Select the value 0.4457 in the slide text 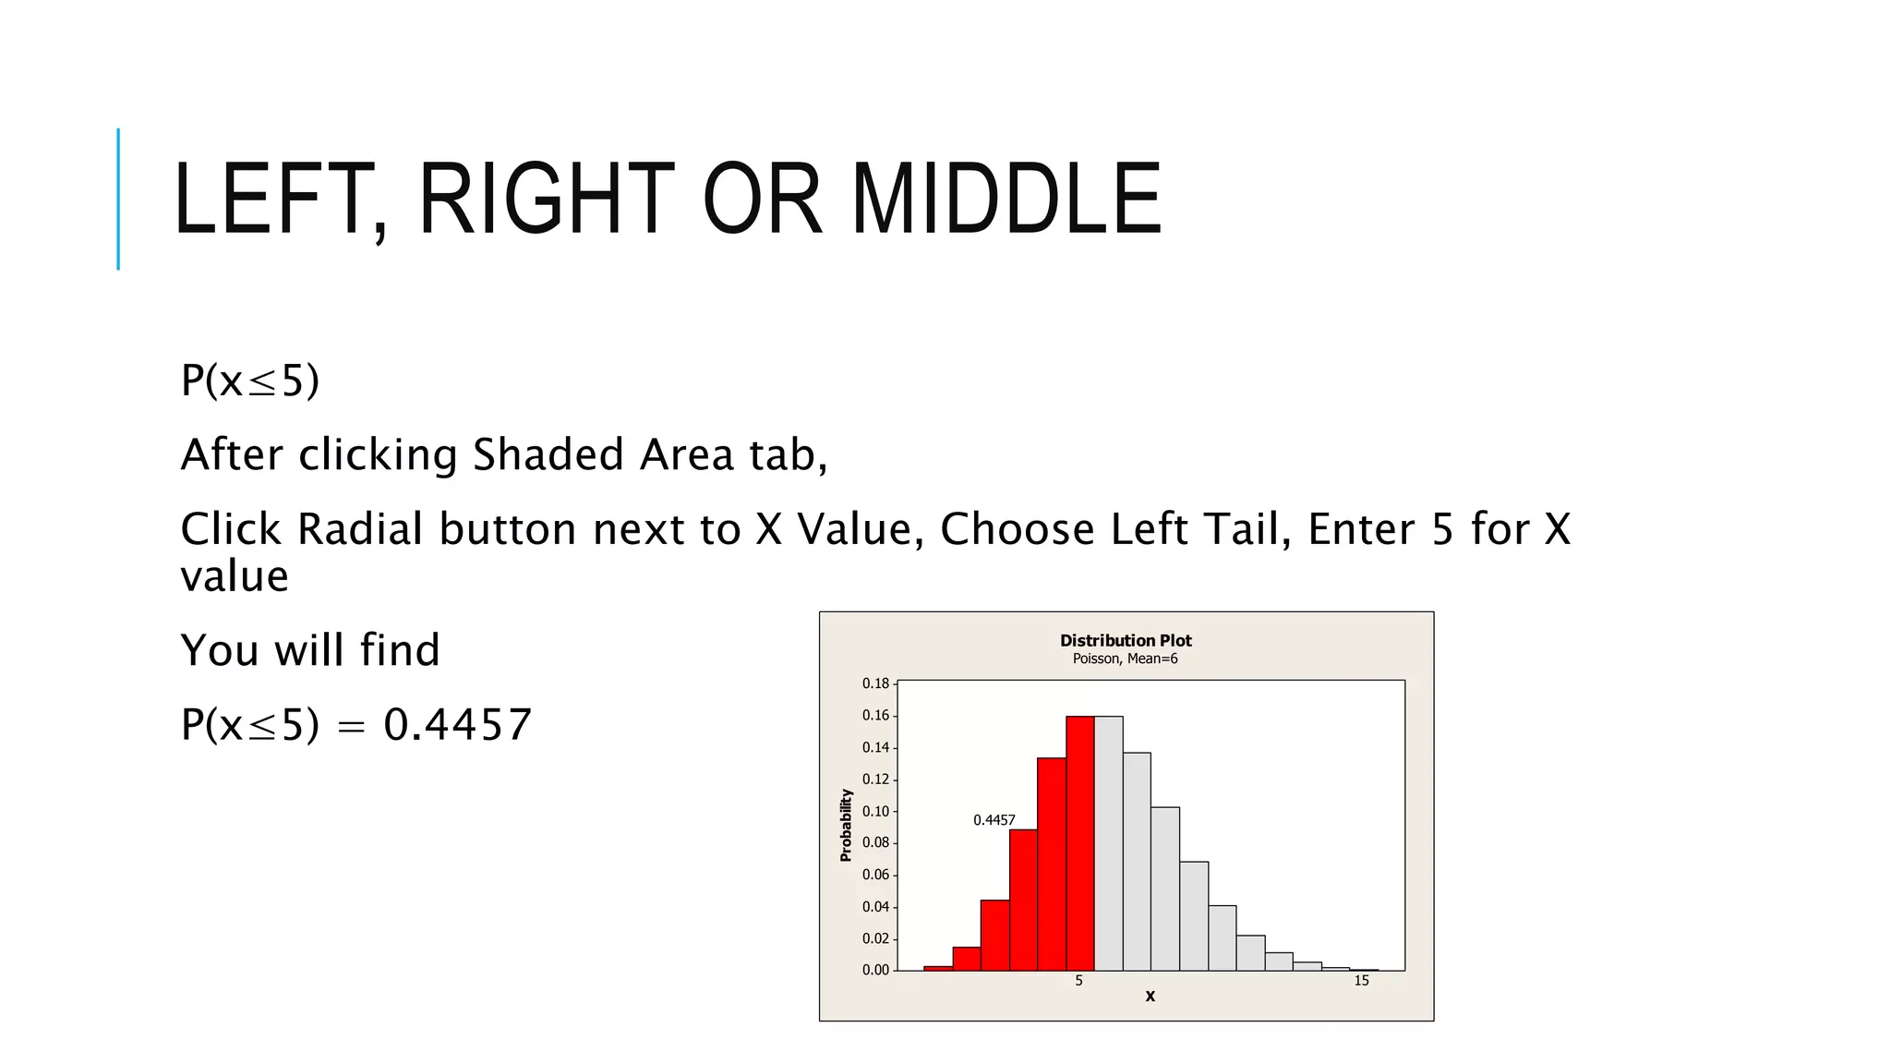pyautogui.click(x=458, y=724)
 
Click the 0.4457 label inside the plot pyautogui.click(x=994, y=820)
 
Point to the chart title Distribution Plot pyautogui.click(x=1126, y=640)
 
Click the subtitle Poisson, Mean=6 pyautogui.click(x=1125, y=659)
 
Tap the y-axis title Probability pyautogui.click(x=846, y=825)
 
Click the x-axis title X pyautogui.click(x=1150, y=997)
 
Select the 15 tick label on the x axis pyautogui.click(x=1361, y=981)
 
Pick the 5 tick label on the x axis pyautogui.click(x=1078, y=981)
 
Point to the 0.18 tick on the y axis pyautogui.click(x=875, y=683)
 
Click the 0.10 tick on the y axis pyautogui.click(x=875, y=811)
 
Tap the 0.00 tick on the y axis pyautogui.click(x=875, y=970)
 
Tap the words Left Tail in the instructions pyautogui.click(x=1199, y=529)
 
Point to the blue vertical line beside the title pyautogui.click(x=118, y=199)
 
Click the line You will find pyautogui.click(x=310, y=649)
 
